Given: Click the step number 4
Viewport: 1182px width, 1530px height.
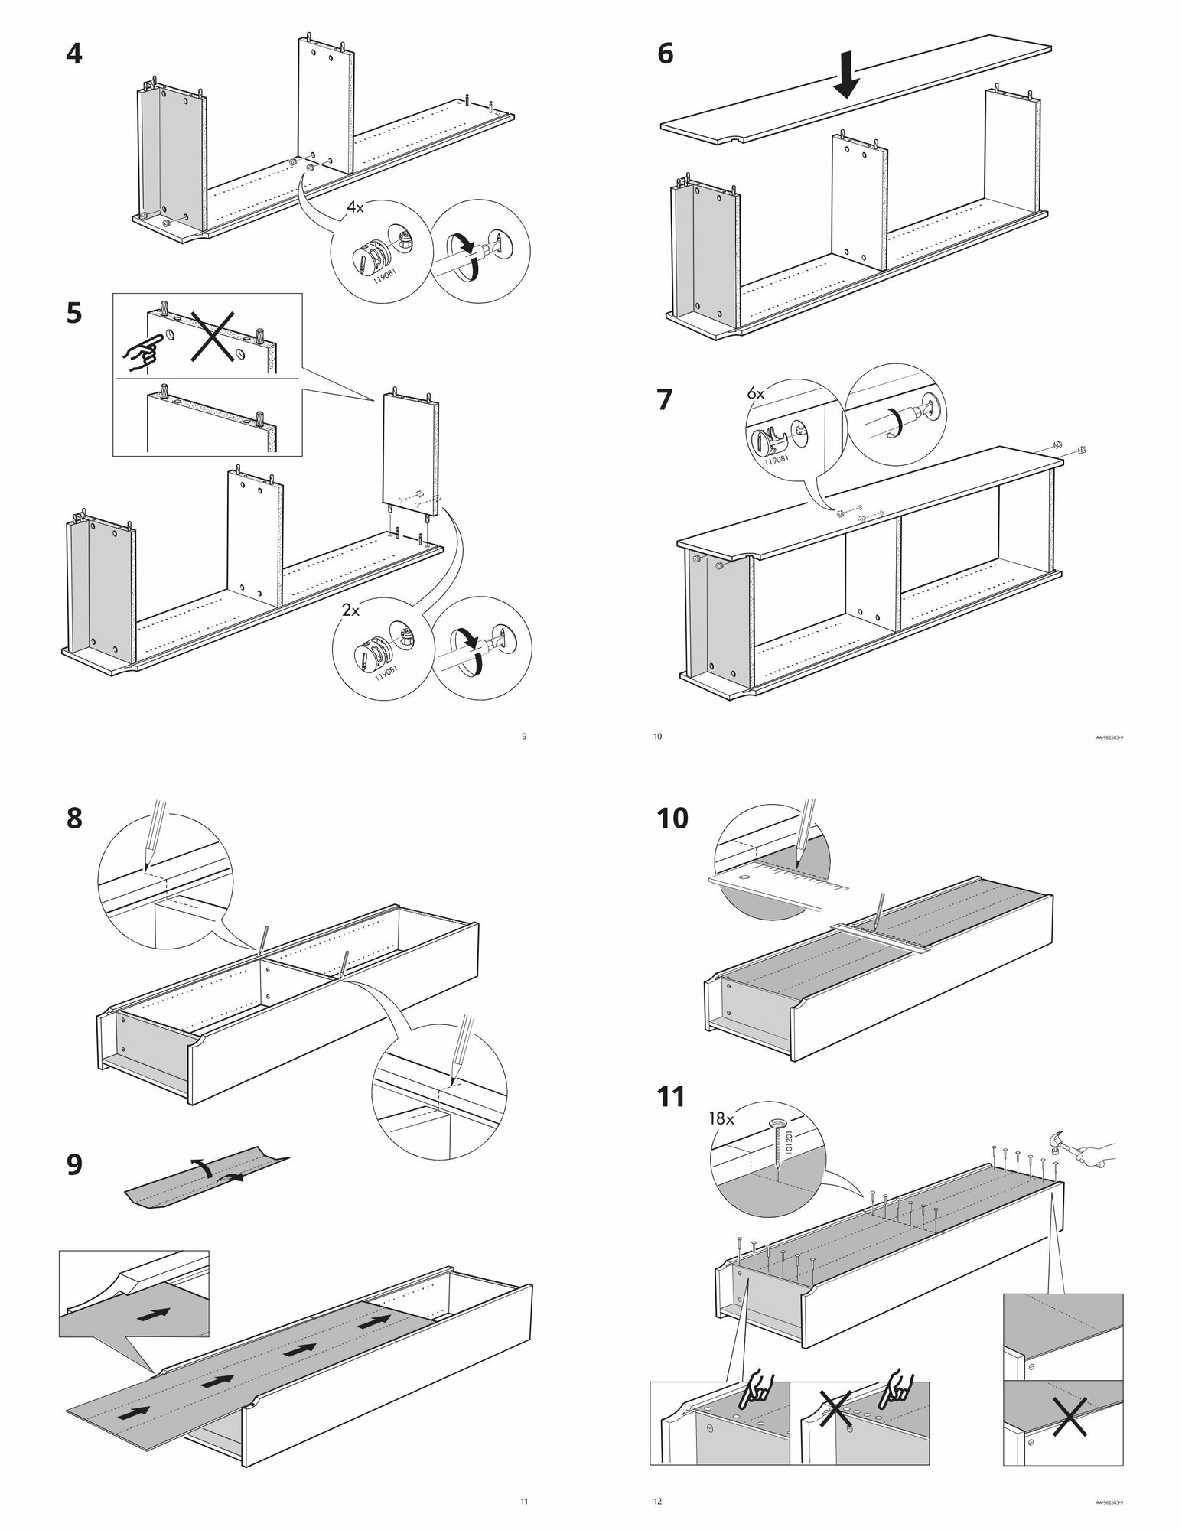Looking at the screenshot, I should (74, 55).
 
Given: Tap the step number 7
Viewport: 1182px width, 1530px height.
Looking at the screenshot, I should (665, 400).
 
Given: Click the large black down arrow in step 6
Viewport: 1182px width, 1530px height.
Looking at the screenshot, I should (846, 78).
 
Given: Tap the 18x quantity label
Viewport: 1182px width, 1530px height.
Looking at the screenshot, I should (722, 1119).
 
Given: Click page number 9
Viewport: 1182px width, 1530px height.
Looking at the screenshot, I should (523, 737).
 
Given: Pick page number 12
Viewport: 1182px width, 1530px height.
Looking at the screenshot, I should (657, 1502).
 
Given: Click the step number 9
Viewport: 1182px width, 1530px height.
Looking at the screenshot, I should (74, 1165).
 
